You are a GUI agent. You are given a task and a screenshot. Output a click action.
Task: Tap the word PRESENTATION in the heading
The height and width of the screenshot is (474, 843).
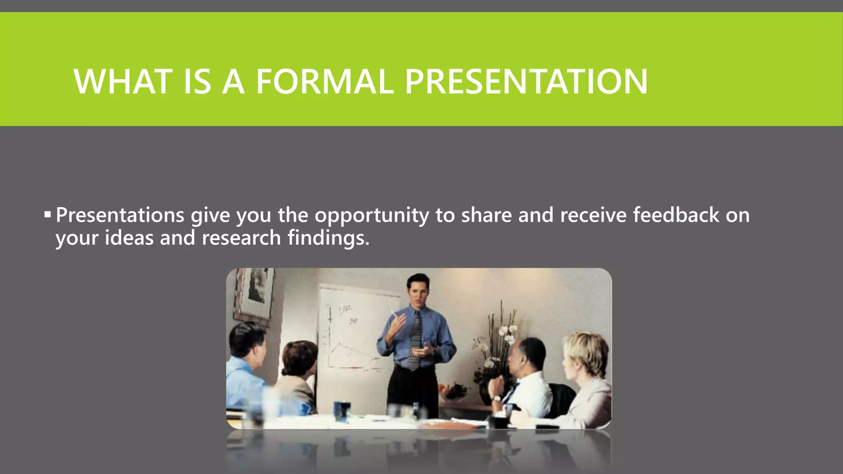pos(526,81)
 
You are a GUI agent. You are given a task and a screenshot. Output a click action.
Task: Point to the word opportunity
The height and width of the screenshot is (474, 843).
pos(372,216)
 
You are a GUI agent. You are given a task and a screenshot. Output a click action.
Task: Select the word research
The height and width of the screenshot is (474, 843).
pos(241,238)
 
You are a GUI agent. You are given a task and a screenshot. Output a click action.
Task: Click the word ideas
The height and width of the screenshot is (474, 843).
pos(129,238)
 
